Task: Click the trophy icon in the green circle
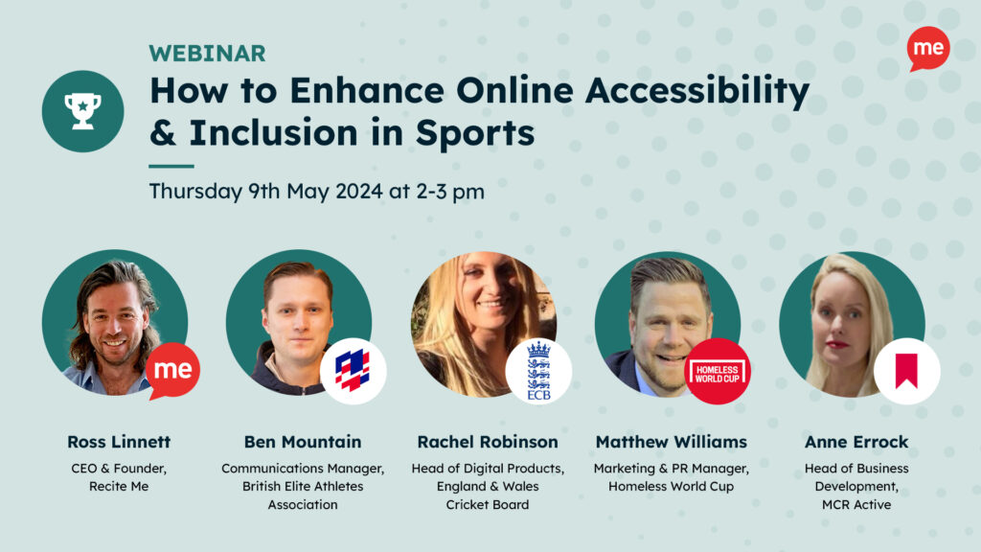(x=82, y=111)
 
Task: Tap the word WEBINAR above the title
(x=207, y=54)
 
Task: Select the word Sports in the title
(x=475, y=132)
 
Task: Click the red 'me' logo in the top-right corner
(x=927, y=48)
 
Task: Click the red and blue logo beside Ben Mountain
(x=353, y=370)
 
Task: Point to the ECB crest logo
(x=538, y=371)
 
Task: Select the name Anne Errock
(x=843, y=442)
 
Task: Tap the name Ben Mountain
(x=303, y=442)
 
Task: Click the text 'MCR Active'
(x=843, y=505)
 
